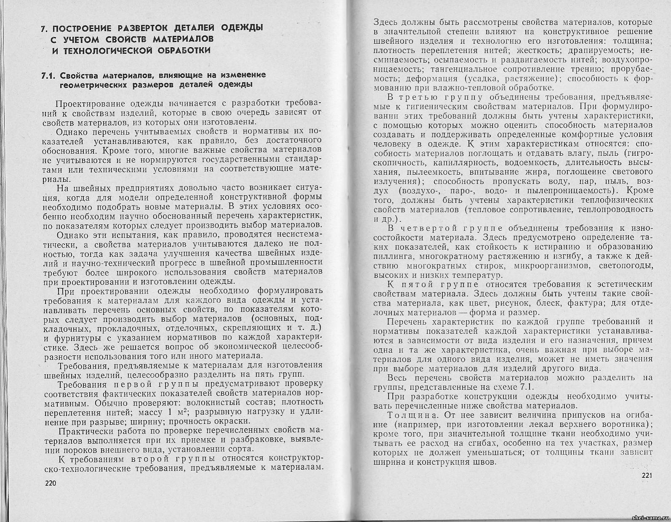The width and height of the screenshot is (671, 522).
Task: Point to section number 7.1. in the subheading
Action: click(x=49, y=75)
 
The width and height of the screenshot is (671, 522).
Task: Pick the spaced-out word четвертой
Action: click(x=428, y=228)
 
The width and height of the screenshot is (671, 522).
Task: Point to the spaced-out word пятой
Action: click(x=418, y=284)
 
